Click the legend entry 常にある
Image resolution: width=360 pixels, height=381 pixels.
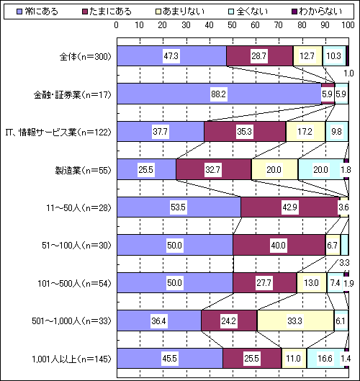click(37, 12)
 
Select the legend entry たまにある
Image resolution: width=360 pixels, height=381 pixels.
click(107, 12)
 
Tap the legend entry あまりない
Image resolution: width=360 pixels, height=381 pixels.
click(180, 12)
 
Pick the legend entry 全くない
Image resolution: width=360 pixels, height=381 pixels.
click(248, 12)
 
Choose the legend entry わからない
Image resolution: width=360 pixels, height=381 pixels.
click(317, 12)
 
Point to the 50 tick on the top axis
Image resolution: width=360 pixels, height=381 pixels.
click(232, 25)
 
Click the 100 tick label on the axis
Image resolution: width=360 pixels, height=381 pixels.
click(348, 25)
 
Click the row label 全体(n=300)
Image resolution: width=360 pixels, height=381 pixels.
click(85, 57)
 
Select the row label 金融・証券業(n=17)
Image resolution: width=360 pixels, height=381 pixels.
click(73, 95)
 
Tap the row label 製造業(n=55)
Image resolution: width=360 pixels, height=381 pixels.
click(83, 170)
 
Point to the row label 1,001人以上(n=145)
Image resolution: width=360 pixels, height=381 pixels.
click(72, 359)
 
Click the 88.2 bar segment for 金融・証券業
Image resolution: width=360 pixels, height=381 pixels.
click(219, 94)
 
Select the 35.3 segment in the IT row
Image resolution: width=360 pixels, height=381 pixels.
click(245, 132)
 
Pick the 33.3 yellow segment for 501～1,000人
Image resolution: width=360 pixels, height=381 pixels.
click(295, 321)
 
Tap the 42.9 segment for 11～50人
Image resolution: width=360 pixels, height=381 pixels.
click(290, 207)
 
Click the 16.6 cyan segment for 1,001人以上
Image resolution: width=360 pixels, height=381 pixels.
click(325, 358)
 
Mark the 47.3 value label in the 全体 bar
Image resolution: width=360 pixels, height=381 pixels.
click(171, 56)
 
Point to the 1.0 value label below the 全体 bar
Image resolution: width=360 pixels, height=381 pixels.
click(348, 73)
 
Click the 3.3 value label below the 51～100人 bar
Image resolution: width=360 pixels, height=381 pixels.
click(344, 263)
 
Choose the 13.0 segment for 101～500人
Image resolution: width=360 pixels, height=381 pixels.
click(312, 282)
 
